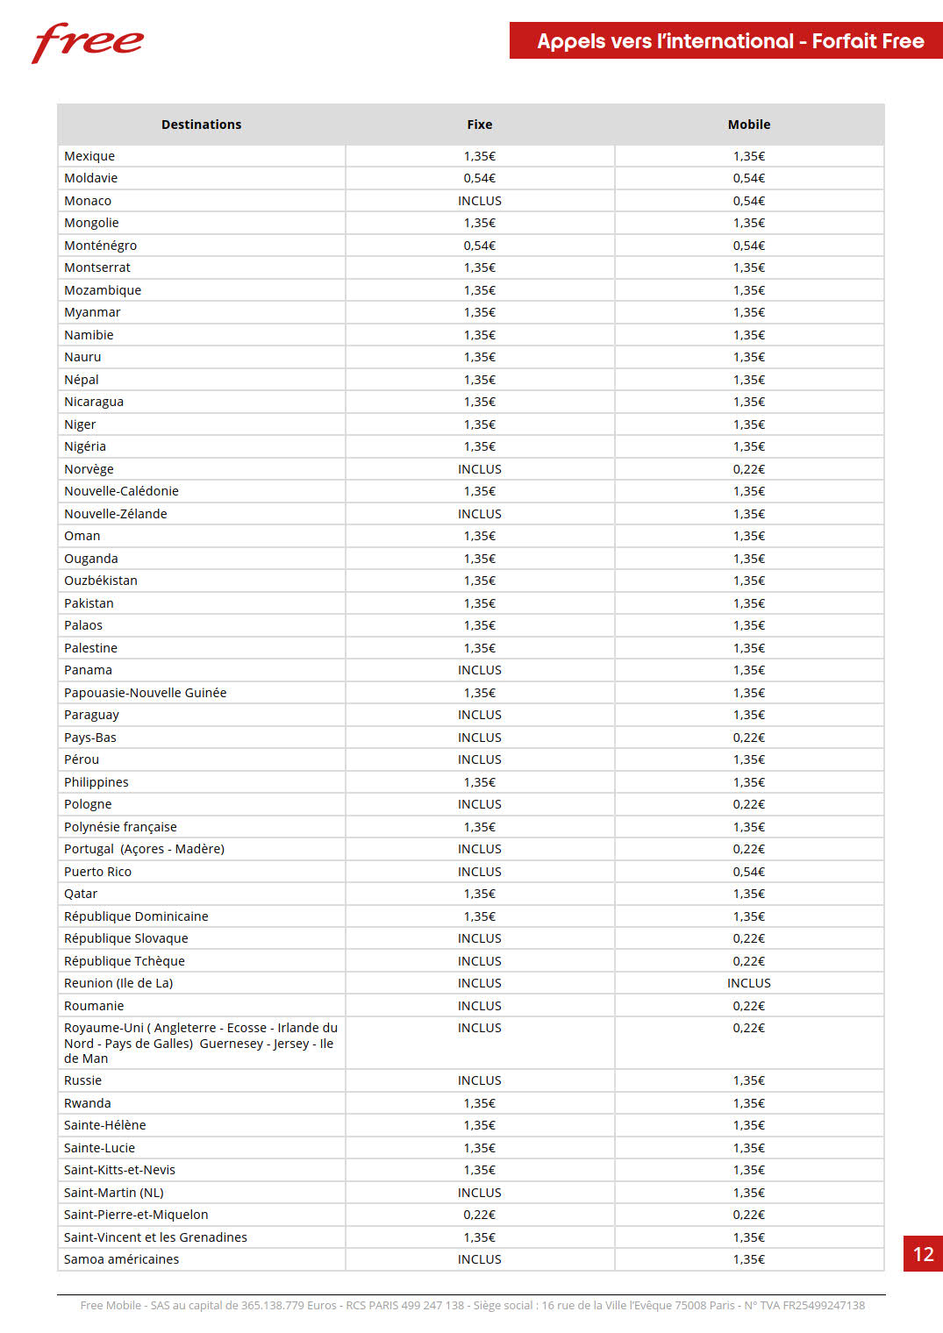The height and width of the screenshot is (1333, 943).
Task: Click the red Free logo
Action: (88, 42)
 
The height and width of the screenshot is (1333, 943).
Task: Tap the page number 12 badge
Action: (923, 1253)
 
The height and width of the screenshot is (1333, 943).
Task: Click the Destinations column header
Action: (201, 125)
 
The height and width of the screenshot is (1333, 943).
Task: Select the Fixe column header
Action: (480, 125)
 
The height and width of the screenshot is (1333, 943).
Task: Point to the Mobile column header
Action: (749, 125)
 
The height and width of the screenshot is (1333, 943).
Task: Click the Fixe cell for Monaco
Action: (480, 201)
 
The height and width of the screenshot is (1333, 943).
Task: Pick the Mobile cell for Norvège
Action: (749, 469)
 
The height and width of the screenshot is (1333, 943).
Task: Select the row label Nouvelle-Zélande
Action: (115, 514)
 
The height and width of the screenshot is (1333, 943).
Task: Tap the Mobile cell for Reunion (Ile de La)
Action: (749, 983)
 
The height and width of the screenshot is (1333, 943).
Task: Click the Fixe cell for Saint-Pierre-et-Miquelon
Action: (480, 1215)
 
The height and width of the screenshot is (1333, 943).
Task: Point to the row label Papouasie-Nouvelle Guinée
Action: (145, 693)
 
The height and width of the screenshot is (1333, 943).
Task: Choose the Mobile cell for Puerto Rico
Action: (749, 872)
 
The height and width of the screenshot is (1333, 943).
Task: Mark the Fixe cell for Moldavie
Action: (480, 178)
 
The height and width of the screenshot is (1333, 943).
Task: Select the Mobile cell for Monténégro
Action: (749, 246)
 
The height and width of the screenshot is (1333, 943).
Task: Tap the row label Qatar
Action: (81, 894)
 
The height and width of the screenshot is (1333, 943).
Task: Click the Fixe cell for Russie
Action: (480, 1080)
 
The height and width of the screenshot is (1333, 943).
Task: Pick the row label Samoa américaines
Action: (121, 1259)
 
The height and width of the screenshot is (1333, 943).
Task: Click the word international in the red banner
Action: (730, 41)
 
